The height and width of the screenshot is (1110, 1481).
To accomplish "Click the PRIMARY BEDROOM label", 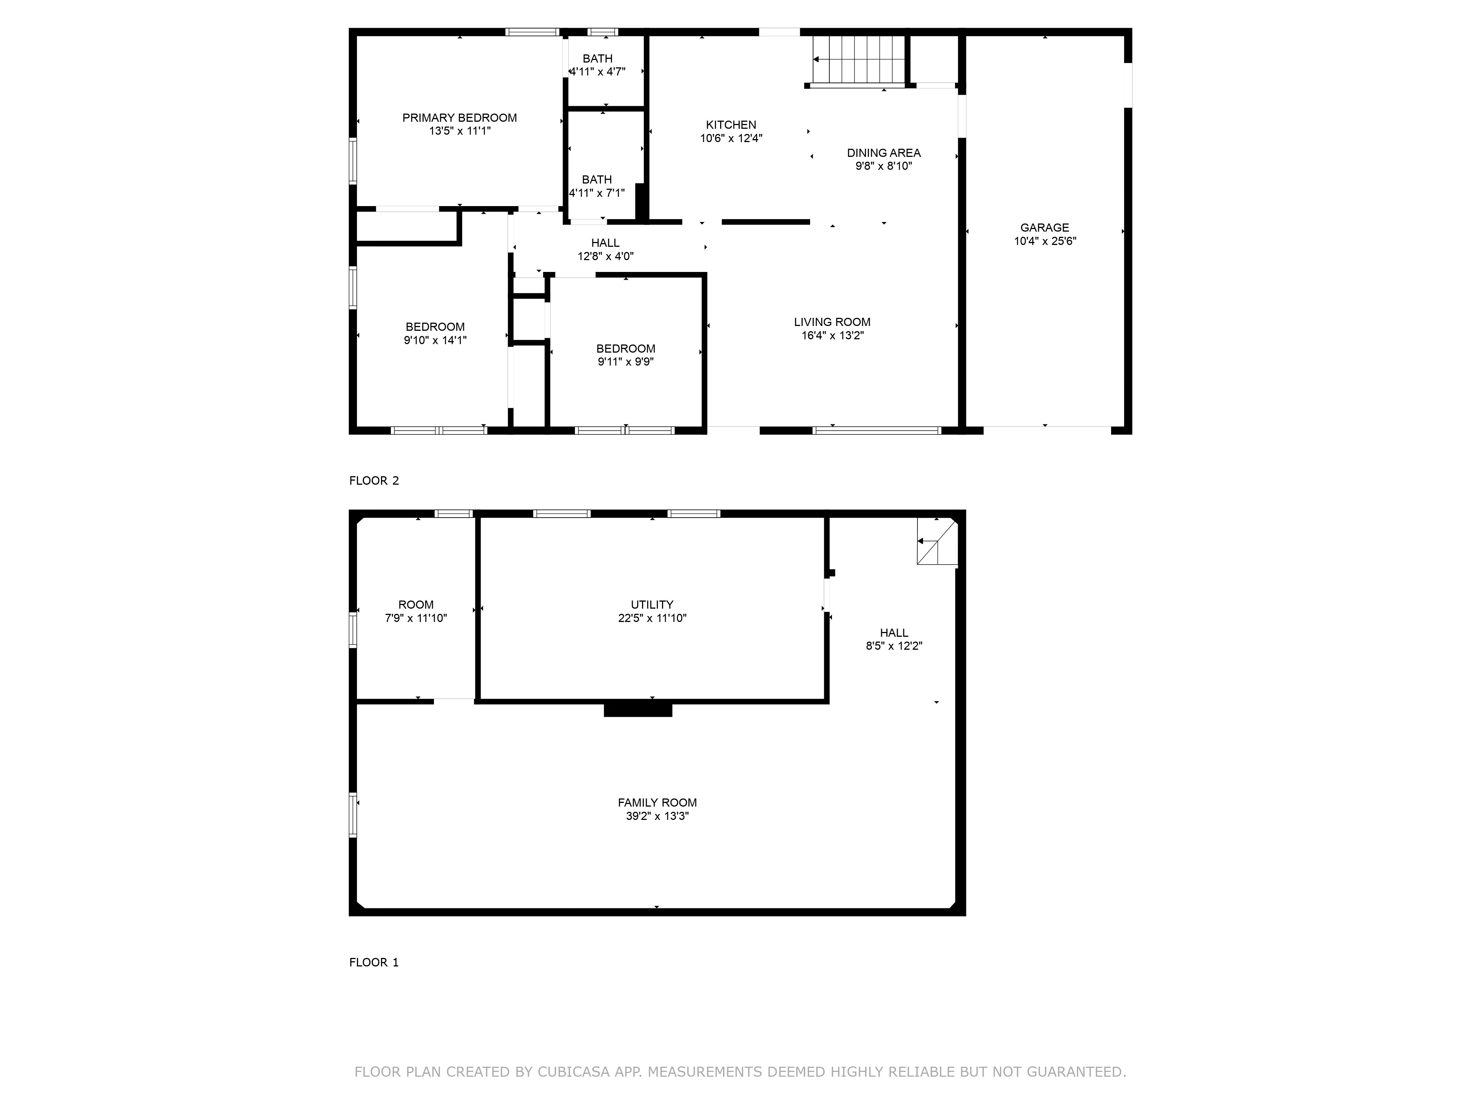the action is point(459,118).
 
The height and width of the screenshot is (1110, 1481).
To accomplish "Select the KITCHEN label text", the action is point(731,124).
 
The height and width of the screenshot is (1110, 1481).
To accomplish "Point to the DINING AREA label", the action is point(884,152).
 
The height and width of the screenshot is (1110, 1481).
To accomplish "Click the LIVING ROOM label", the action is point(832,322).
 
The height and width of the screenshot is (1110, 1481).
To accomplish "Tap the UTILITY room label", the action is point(652,604).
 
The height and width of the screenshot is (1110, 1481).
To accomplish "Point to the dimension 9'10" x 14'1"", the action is point(435,340).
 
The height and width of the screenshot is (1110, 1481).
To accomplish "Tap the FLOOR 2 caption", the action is point(374,480).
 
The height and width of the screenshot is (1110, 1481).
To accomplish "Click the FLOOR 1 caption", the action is point(374,962).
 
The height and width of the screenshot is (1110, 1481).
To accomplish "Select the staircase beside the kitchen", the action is point(859,60).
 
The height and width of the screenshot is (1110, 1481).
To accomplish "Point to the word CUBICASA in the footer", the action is point(574,1072).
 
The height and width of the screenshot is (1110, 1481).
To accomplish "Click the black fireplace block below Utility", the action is point(638,709).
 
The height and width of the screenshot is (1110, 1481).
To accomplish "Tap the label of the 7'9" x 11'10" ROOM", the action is point(416,604).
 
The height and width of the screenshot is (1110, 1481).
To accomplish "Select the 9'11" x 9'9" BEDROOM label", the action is point(625,349).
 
